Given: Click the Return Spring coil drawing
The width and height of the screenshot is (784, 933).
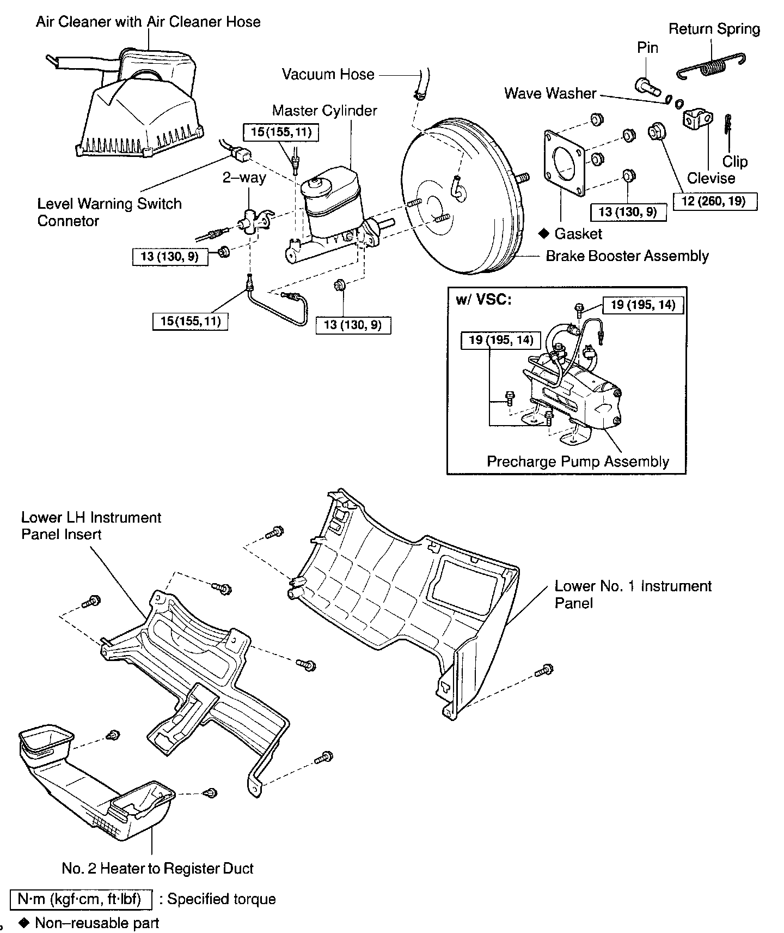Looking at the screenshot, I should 713,66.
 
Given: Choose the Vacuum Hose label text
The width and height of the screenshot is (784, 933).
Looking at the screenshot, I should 328,75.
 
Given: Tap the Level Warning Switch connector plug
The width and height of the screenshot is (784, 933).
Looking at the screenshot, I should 240,156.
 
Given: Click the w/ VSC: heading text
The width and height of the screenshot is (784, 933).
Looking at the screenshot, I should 484,300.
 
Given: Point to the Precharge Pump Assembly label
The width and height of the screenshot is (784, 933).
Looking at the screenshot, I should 578,462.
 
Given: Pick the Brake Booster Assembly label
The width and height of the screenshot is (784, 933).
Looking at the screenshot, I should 627,256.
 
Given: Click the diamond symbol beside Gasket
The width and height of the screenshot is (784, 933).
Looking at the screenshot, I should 543,234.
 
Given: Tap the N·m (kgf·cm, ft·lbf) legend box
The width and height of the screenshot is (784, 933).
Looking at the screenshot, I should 80,899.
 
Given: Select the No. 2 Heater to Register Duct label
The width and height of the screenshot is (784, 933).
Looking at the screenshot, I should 158,868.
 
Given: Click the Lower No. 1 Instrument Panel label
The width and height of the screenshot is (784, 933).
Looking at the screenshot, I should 633,594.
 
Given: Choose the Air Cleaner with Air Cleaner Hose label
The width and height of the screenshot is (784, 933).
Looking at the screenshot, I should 148,22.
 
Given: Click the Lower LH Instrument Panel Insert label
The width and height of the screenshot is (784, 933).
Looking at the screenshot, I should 91,525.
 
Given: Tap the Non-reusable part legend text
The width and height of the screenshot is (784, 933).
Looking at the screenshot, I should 97,923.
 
